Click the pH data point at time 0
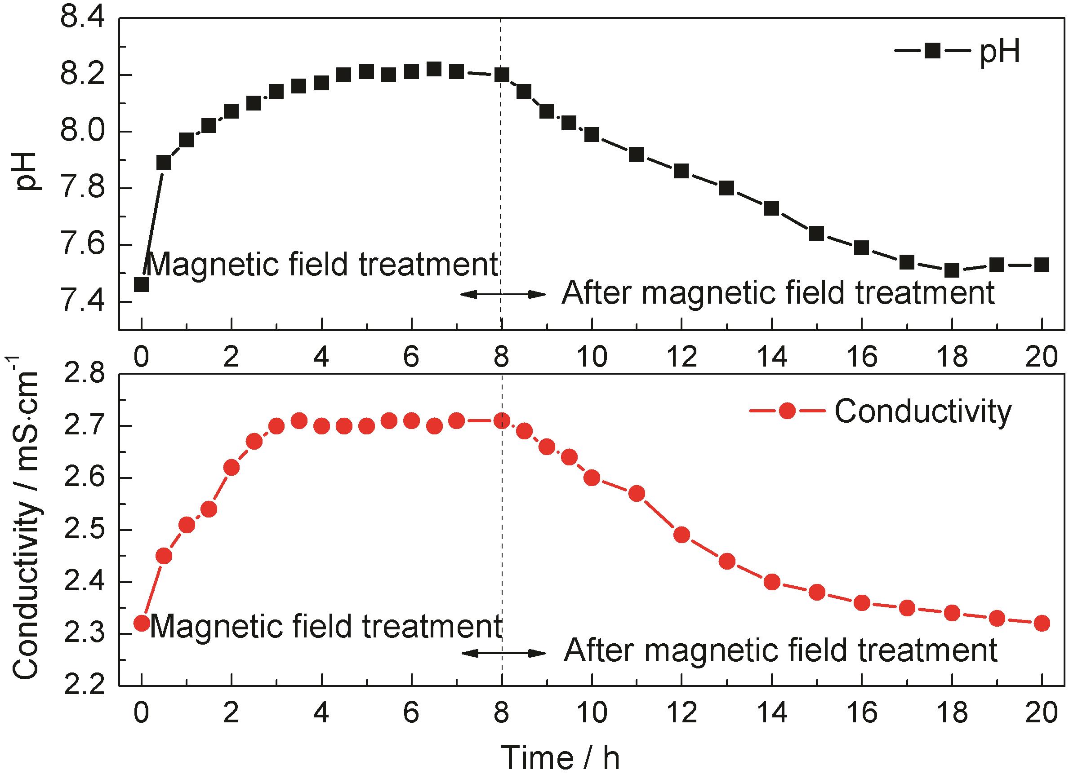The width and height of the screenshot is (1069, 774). click(142, 284)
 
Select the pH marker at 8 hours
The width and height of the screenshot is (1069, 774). click(502, 75)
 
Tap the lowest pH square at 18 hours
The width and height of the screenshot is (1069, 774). click(952, 270)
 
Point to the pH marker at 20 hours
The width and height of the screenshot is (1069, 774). click(1042, 264)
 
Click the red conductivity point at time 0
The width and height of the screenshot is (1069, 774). click(142, 623)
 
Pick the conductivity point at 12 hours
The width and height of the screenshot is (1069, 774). click(682, 535)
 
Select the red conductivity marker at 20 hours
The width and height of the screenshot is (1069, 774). click(1042, 623)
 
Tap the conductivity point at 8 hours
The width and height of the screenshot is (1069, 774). click(502, 420)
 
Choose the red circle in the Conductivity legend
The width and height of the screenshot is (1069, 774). click(787, 411)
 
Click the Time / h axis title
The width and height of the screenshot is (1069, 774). click(560, 756)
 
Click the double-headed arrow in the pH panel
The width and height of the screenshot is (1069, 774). click(503, 294)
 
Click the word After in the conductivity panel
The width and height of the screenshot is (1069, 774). click(597, 651)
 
